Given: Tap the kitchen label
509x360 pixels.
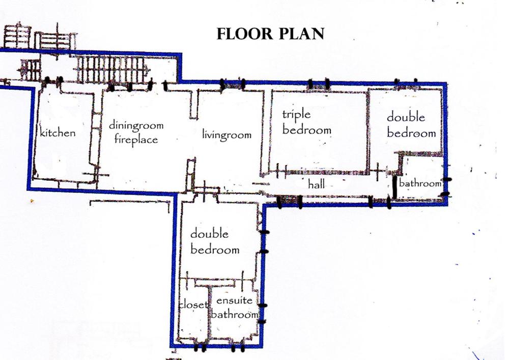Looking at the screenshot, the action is point(58,132).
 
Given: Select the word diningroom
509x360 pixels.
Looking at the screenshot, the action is point(136,125).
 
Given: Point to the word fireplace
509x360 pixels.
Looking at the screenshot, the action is point(136,139).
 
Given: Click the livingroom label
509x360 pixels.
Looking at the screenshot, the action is point(227,134).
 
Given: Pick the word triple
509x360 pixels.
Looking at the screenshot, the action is point(296,115).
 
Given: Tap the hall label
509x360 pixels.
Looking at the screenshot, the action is point(316,184).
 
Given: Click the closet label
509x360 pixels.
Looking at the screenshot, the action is point(193,304).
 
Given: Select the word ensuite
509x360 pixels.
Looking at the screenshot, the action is point(234,300).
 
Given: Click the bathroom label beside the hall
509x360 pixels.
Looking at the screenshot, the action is point(420,183).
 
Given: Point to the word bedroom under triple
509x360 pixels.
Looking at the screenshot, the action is point(307,130).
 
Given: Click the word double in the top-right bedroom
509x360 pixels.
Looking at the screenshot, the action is point(406,117).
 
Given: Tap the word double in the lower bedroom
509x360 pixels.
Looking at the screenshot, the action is point(209,234).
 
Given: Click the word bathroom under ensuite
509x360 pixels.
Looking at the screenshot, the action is point(235,314).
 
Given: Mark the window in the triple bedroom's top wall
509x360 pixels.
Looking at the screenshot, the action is point(319,84).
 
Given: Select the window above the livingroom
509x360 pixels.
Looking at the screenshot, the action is point(233,84).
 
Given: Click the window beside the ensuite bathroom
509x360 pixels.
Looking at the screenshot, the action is point(263,314).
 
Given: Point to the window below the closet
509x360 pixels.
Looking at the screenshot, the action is point(200,348).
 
